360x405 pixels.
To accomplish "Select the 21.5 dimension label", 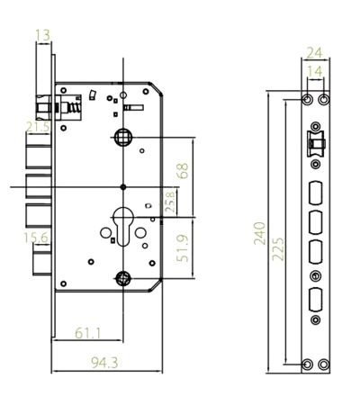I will pos(38,129).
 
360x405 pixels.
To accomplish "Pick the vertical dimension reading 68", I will pos(184,171).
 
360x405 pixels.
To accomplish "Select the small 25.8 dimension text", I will pos(167,200).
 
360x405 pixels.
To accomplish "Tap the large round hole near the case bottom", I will pos(124,277).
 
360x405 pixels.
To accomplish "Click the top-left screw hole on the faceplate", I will pos(308,97).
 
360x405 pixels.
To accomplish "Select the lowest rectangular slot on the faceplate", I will pos(316,300).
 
